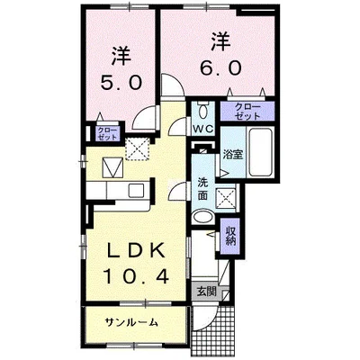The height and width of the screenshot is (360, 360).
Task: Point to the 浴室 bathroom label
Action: coord(232,155)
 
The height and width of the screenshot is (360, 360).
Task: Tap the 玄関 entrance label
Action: coord(206,291)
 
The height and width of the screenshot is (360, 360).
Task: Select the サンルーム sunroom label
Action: coord(130,321)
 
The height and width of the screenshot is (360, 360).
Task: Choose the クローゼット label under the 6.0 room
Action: coord(247,112)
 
